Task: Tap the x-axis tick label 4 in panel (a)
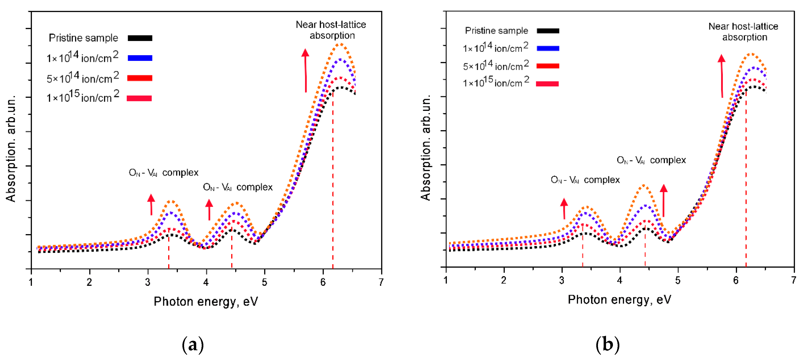pos(206,282)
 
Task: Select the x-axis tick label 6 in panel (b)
pos(736,281)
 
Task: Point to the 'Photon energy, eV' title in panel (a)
pos(205,301)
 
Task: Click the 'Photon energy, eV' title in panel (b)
pos(619,300)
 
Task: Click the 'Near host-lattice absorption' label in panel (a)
pos(331,30)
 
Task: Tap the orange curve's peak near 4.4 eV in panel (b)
pos(643,186)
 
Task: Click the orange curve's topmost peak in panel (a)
pos(340,44)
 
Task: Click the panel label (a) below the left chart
pos(193,345)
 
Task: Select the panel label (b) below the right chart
pos(607,345)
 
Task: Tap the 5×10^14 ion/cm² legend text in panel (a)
pos(83,78)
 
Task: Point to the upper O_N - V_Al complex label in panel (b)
pos(651,160)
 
